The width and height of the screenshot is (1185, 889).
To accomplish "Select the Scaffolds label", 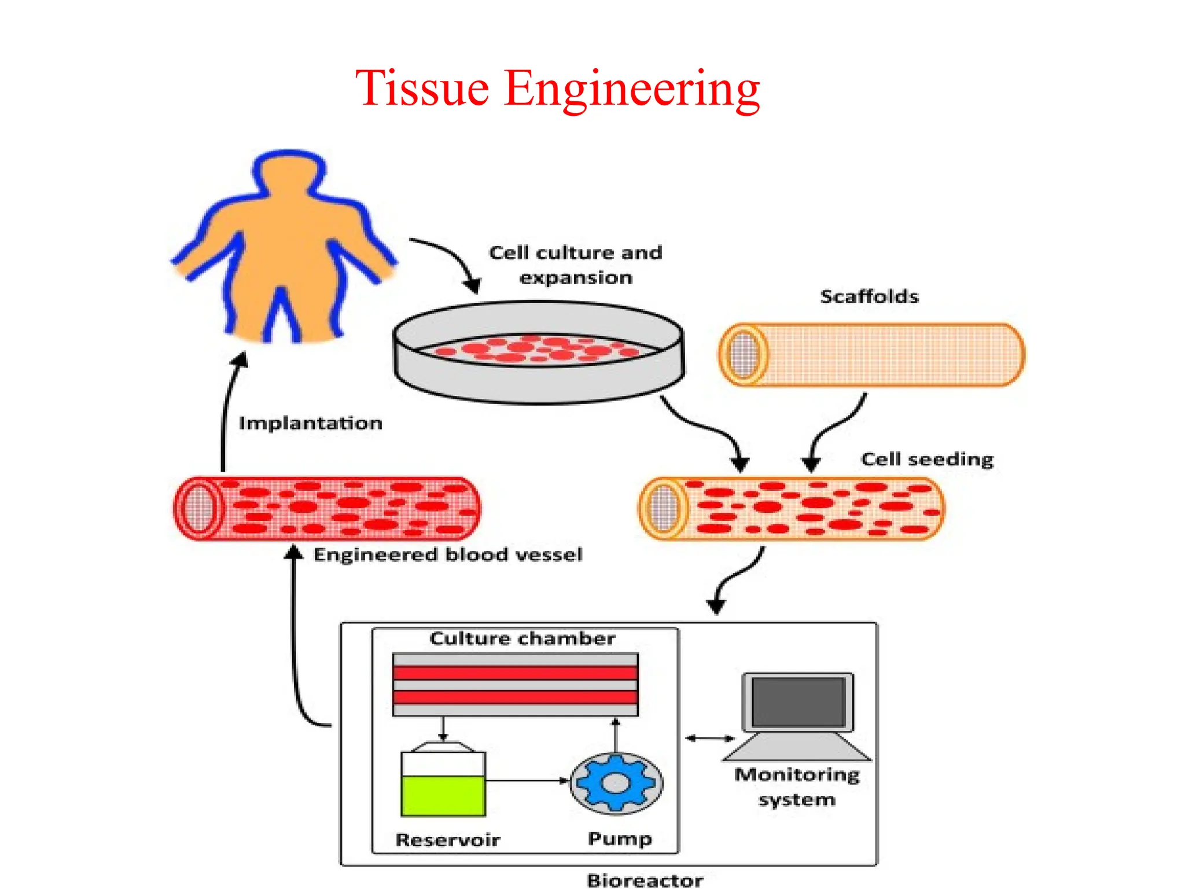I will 869,296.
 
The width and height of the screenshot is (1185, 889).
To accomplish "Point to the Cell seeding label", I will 927,459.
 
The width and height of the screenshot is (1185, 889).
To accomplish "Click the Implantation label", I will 311,423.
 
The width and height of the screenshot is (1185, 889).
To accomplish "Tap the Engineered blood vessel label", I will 447,554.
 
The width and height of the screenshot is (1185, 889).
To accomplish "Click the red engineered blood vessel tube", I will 327,508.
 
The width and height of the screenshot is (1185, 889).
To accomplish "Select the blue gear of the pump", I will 617,783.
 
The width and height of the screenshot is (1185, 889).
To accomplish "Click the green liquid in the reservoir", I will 443,796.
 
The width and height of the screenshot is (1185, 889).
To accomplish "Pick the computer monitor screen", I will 797,702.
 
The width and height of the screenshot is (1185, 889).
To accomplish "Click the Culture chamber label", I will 522,638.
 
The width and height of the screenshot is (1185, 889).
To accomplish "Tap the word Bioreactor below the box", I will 645,880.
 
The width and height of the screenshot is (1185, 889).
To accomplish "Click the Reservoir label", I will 447,840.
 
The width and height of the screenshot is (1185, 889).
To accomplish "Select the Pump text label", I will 620,839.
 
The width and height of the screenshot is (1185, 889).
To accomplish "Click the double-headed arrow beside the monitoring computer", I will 709,738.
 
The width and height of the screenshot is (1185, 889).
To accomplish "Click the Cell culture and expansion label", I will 575,265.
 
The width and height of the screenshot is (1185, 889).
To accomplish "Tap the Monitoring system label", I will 797,787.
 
